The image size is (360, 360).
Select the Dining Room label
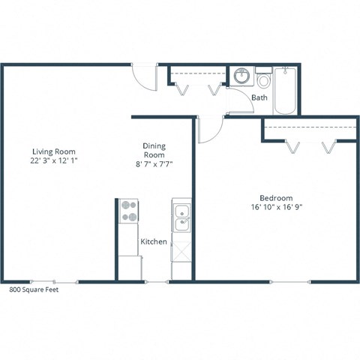tap(154, 151)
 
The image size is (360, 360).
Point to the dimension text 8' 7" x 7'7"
tap(154, 163)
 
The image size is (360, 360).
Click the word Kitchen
tap(153, 242)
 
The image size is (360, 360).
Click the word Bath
tap(259, 97)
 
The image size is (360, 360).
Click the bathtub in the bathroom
tap(286, 91)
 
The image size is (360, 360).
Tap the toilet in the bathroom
tap(263, 79)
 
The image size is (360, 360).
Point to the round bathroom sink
tap(241, 77)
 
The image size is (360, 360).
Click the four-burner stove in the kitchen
tap(128, 211)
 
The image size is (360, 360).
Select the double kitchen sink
tap(181, 217)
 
